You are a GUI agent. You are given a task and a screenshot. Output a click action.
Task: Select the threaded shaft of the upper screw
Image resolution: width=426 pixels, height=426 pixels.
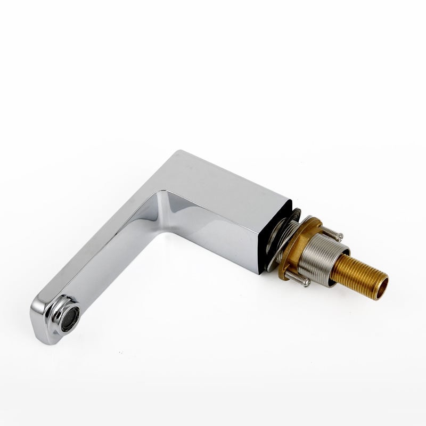coord(331,232)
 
